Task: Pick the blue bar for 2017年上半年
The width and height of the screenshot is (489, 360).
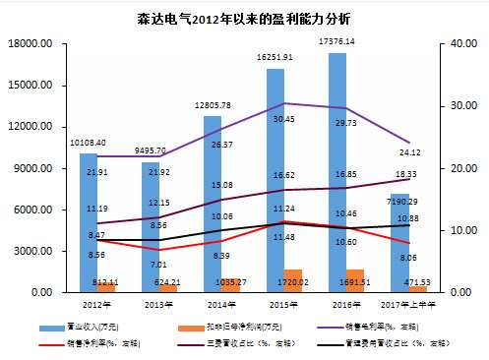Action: point(399,256)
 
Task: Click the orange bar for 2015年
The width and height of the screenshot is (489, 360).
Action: point(293,281)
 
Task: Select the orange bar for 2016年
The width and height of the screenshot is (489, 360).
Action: point(355,281)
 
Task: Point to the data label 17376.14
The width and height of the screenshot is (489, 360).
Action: point(337,41)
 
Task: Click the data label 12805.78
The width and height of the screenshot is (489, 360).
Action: point(213,105)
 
